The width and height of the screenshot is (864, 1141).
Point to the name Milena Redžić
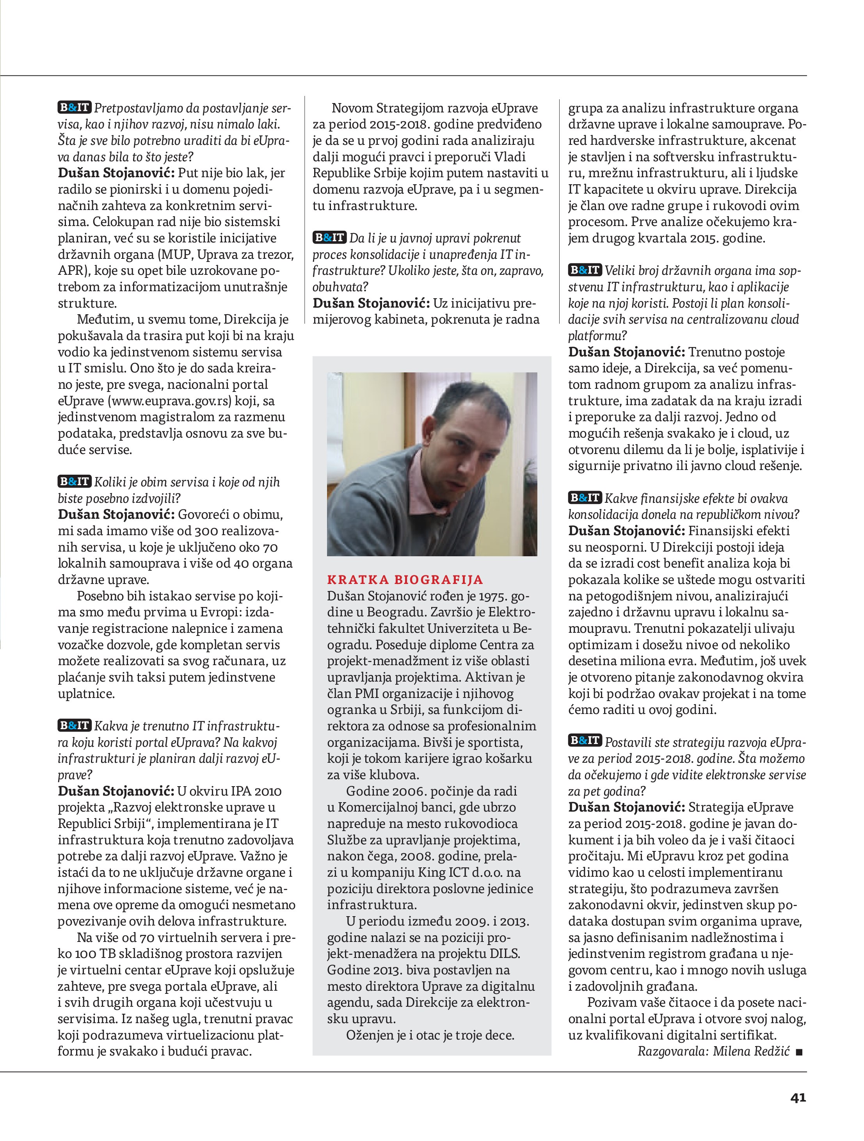(751, 1051)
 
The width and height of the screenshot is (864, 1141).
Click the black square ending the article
(799, 1052)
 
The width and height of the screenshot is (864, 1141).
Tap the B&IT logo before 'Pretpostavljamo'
(74, 107)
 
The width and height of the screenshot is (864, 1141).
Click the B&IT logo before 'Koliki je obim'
(74, 481)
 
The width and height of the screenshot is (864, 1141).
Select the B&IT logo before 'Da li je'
(329, 237)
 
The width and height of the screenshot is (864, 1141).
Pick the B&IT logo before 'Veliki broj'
(585, 270)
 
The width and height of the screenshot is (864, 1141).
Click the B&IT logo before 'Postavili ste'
(585, 741)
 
